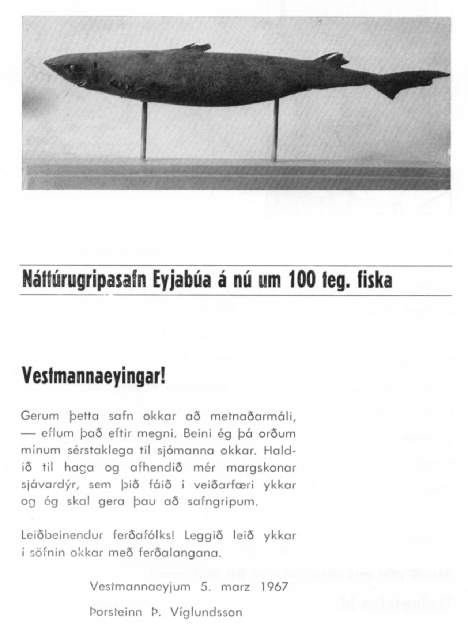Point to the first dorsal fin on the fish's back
coord(197,47)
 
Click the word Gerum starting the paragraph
coord(40,416)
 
